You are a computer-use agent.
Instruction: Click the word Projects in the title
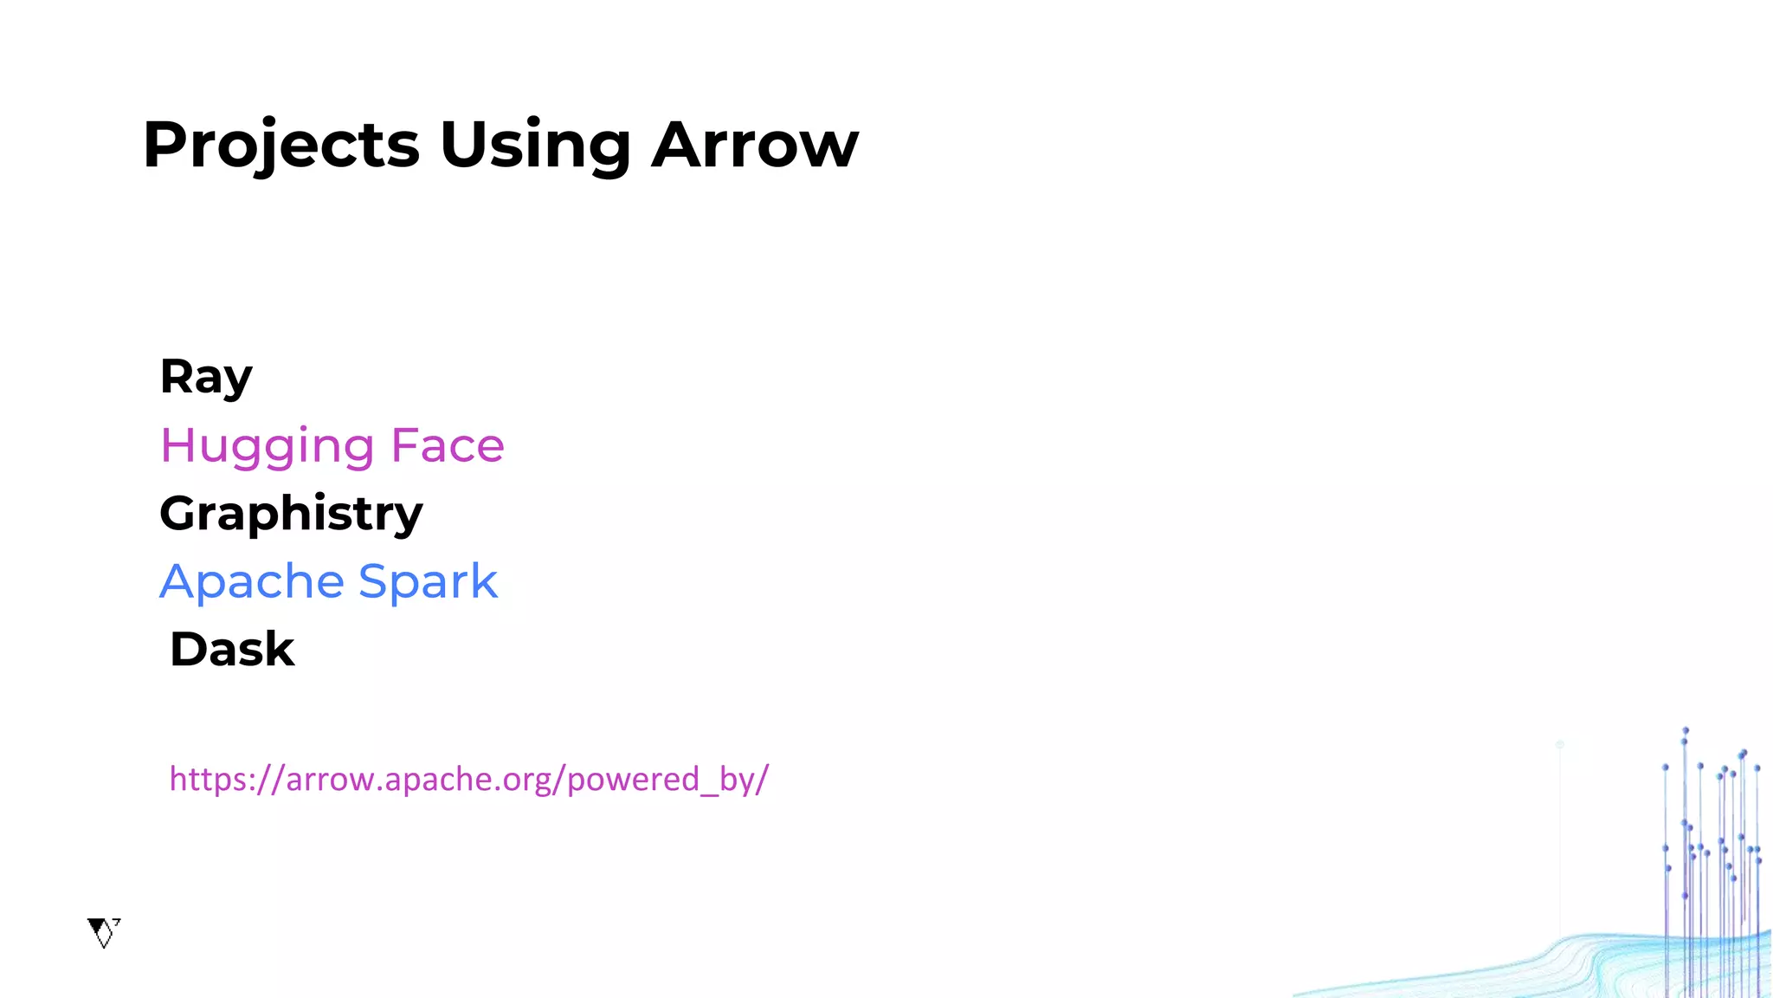[x=281, y=146]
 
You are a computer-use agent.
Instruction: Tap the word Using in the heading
[x=535, y=146]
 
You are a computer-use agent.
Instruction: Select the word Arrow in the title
[x=755, y=146]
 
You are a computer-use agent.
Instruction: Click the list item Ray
[x=206, y=377]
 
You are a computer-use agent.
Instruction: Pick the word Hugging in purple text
[x=268, y=446]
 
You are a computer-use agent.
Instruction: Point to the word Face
[x=448, y=445]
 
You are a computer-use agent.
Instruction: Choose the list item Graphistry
[x=291, y=514]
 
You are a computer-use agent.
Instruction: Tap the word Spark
[x=428, y=581]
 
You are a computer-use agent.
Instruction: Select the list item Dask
[x=232, y=650]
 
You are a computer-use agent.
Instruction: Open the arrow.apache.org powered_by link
[x=468, y=780]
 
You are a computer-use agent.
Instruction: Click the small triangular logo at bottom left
[x=103, y=932]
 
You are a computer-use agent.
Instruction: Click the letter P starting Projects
[x=164, y=144]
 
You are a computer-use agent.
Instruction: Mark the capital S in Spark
[x=374, y=580]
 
